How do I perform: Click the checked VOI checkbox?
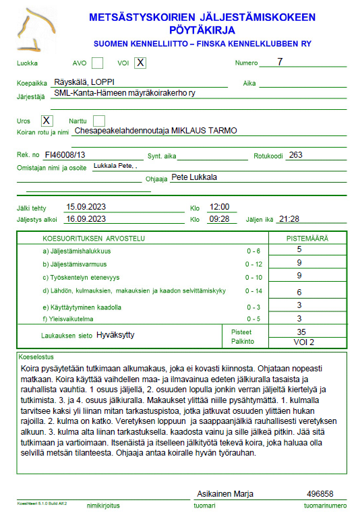pyautogui.click(x=140, y=63)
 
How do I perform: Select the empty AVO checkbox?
pyautogui.click(x=98, y=63)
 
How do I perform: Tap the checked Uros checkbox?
pyautogui.click(x=47, y=121)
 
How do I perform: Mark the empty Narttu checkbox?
pyautogui.click(x=98, y=121)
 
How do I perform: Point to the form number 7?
pyautogui.click(x=280, y=62)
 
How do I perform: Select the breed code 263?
pyautogui.click(x=295, y=154)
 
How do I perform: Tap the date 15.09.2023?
pyautogui.click(x=86, y=207)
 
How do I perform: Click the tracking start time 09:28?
pyautogui.click(x=220, y=218)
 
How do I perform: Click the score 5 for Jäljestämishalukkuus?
pyautogui.click(x=299, y=249)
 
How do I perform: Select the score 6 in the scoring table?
pyautogui.click(x=299, y=292)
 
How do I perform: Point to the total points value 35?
pyautogui.click(x=301, y=332)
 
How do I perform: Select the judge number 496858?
pyautogui.click(x=320, y=494)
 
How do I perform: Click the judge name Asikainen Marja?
pyautogui.click(x=224, y=494)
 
